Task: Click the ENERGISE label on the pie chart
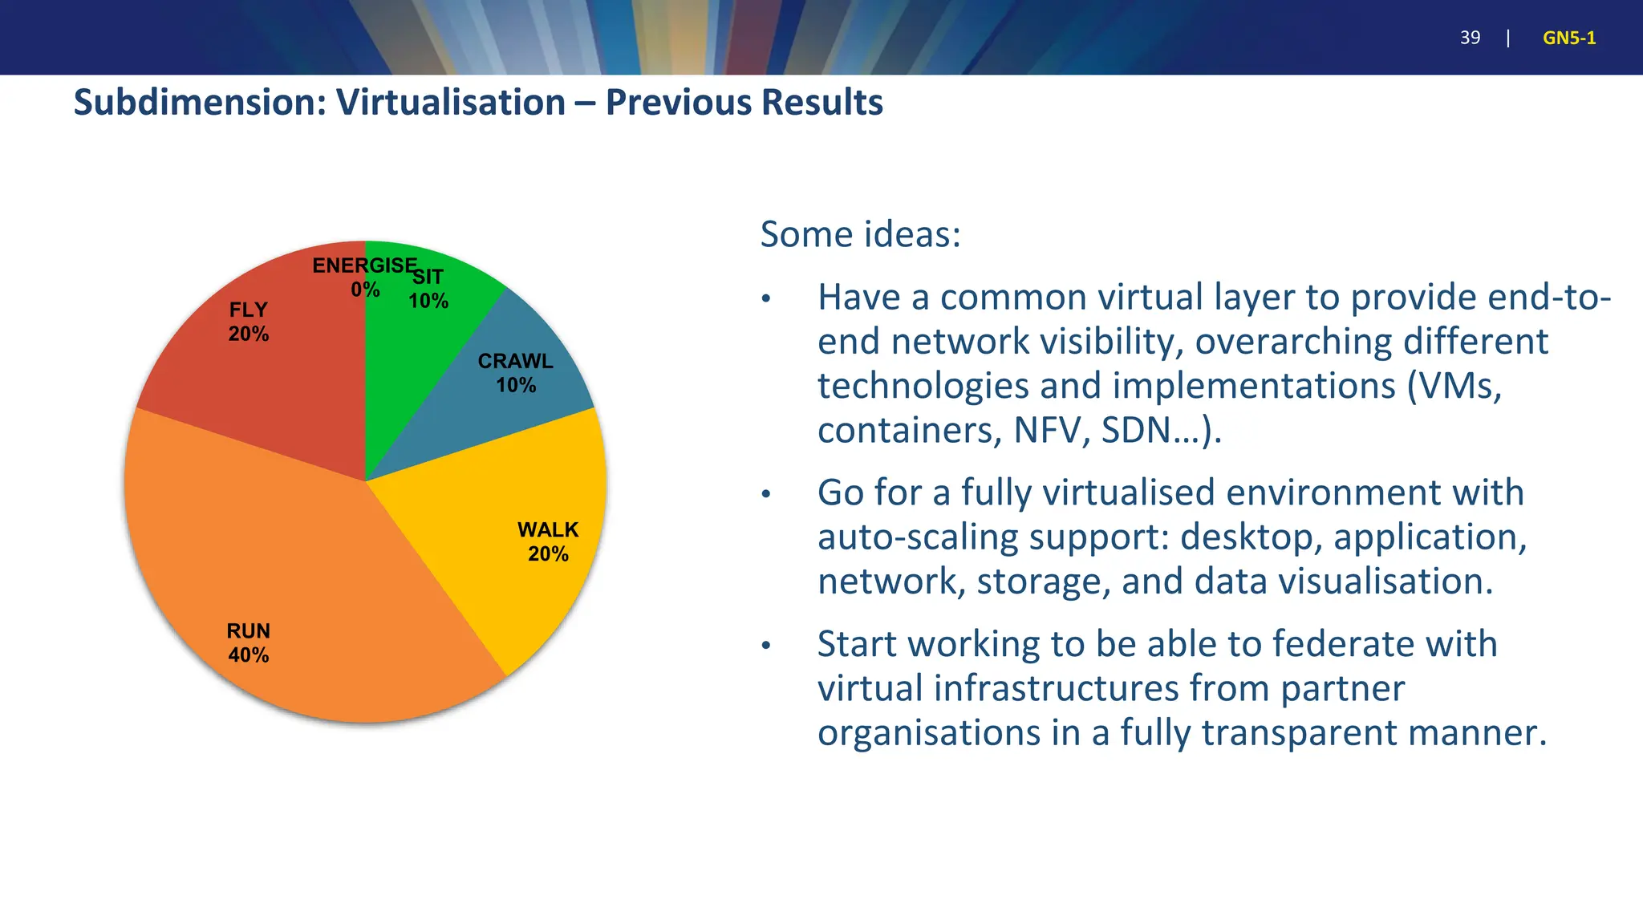point(364,265)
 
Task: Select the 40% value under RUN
point(249,655)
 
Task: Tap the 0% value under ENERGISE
point(365,290)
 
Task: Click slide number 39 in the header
point(1470,38)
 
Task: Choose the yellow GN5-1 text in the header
point(1569,38)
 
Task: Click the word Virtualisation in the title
point(451,103)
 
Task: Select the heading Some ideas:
point(860,234)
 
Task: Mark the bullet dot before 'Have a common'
point(766,299)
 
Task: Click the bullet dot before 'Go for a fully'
point(766,494)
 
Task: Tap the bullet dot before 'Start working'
point(766,646)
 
